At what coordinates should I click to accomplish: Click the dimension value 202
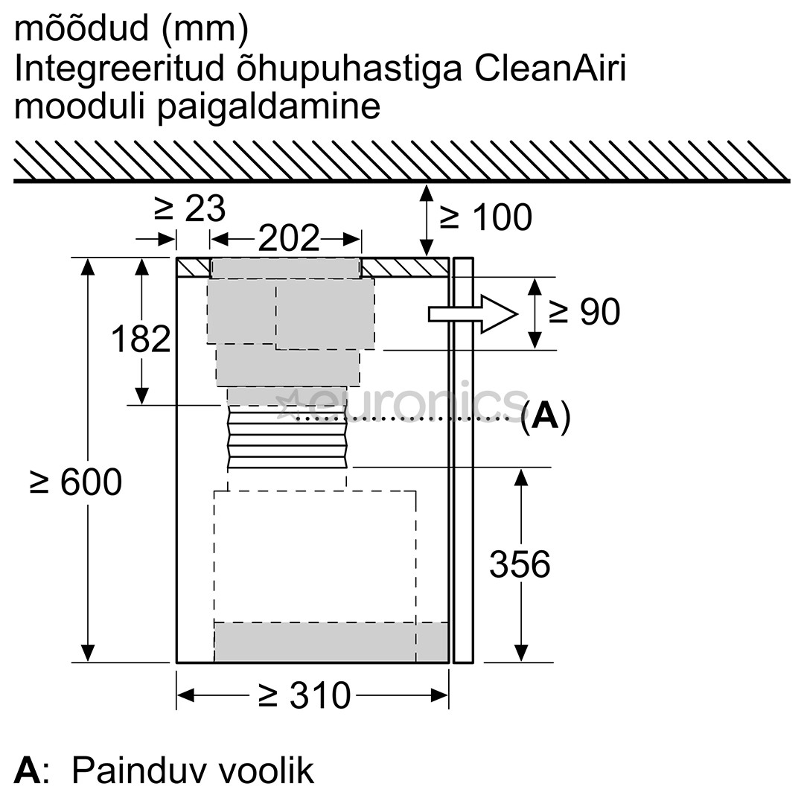click(289, 239)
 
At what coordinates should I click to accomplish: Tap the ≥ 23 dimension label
click(189, 209)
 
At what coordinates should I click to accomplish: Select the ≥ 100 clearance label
click(485, 217)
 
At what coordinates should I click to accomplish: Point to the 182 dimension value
click(141, 339)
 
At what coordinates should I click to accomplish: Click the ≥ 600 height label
click(76, 482)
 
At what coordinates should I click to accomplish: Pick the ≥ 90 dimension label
click(584, 313)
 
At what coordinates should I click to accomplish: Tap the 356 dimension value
click(520, 564)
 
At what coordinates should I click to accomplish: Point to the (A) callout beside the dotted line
click(545, 417)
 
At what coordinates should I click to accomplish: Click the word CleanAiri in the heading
click(549, 68)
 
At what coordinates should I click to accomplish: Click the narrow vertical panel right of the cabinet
click(463, 462)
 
